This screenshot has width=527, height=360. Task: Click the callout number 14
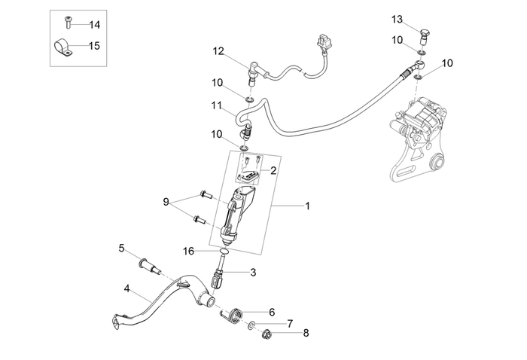(94, 24)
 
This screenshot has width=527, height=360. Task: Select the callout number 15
(94, 45)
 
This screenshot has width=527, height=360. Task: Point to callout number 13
(418, 18)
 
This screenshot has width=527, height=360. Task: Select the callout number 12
(218, 51)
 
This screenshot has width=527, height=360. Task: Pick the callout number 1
(306, 205)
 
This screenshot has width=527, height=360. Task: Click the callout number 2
(273, 170)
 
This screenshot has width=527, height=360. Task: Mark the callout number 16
(190, 250)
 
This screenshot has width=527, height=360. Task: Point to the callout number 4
(127, 288)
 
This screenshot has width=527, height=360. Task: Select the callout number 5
(121, 248)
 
